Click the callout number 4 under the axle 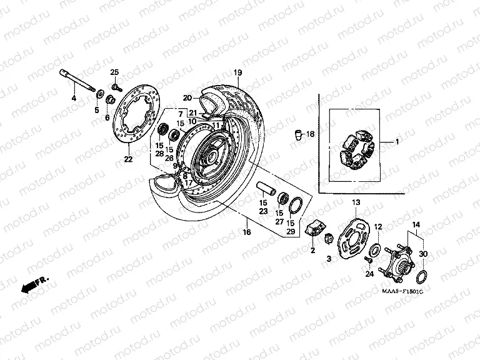tap(73, 99)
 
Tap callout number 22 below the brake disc tap(128, 159)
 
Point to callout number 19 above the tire tap(237, 74)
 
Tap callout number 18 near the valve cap tap(311, 134)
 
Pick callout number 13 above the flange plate tap(356, 202)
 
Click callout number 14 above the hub tap(416, 224)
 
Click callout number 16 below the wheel tap(247, 232)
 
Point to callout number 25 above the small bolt tap(114, 72)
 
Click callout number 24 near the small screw tap(369, 274)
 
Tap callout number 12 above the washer tap(377, 226)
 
